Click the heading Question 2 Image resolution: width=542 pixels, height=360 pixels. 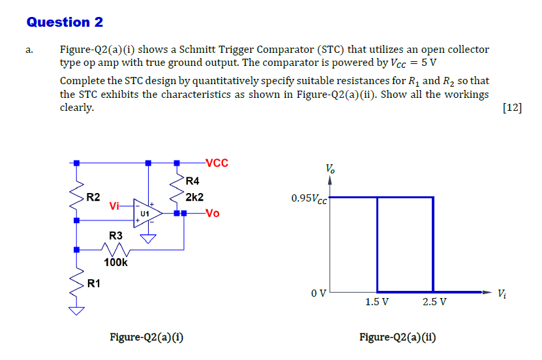click(x=65, y=22)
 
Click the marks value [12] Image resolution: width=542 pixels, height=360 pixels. click(x=513, y=108)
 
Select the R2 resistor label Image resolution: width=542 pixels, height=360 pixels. click(x=94, y=196)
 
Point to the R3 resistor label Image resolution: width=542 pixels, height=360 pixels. click(x=115, y=235)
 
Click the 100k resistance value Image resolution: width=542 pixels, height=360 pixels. click(x=116, y=263)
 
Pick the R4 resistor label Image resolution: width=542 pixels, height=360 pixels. click(x=192, y=181)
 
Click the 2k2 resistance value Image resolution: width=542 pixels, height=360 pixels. click(x=194, y=196)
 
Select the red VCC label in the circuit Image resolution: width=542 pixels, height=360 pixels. click(x=217, y=163)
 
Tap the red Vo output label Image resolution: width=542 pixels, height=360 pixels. click(x=213, y=213)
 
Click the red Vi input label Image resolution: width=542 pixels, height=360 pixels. click(x=115, y=206)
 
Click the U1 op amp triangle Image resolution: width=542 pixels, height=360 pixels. click(x=145, y=213)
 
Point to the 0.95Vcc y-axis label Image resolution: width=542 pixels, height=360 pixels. click(x=310, y=198)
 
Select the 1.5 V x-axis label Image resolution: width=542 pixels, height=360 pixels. click(x=377, y=302)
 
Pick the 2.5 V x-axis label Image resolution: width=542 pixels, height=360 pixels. click(x=434, y=302)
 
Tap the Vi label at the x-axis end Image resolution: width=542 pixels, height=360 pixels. click(x=501, y=293)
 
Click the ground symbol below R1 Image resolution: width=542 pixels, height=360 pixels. click(x=77, y=311)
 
